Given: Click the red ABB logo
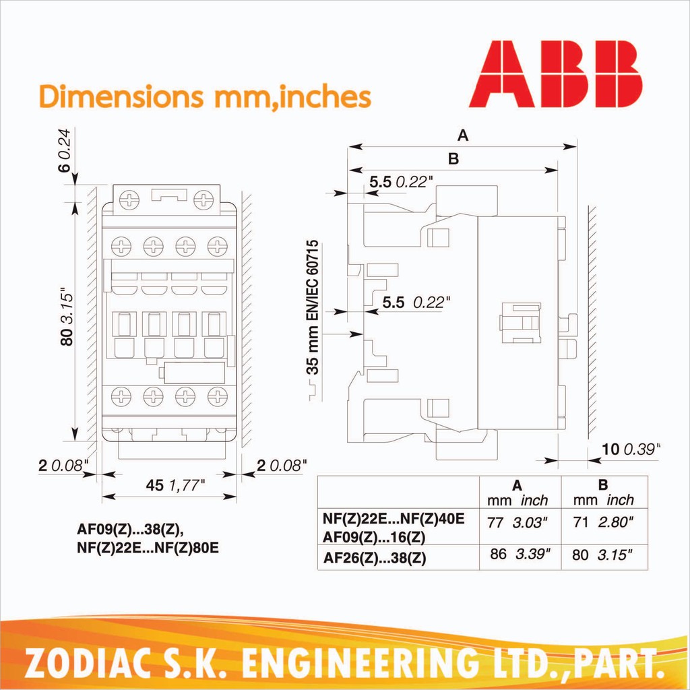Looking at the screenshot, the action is coord(555,74).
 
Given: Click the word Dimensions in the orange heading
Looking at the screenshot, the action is coord(121,96).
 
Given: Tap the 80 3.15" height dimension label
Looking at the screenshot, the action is coord(67,317).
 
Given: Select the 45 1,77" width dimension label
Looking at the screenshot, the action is coord(176,485).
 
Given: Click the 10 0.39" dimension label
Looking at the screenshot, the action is coord(631,449).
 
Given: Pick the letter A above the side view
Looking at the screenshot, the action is coord(462,135).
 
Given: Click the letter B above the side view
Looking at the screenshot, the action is coord(453,158).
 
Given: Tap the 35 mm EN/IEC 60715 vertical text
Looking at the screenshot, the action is coord(313,307).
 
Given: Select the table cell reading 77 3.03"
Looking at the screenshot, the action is coord(517,523).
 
